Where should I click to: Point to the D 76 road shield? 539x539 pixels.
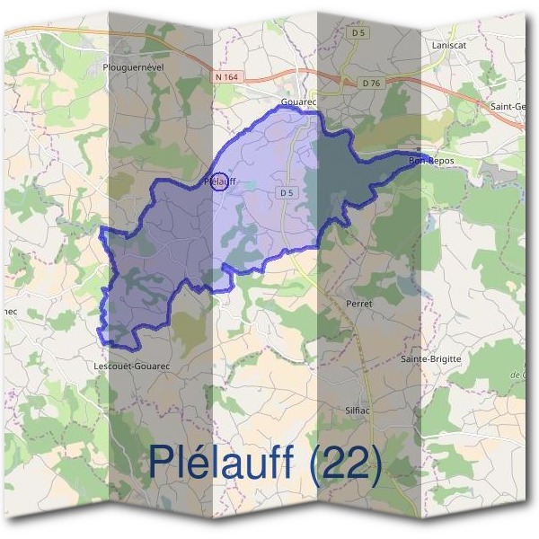(373, 84)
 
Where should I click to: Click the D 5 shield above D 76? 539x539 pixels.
(359, 32)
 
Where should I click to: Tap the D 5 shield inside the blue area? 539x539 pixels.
(287, 192)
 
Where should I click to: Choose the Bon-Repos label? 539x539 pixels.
(431, 161)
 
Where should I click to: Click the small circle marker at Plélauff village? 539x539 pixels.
(218, 181)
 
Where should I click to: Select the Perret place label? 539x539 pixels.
(358, 304)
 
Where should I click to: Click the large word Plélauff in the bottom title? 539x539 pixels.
(221, 463)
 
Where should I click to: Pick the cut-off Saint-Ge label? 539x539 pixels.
(508, 106)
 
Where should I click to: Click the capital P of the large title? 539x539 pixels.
(161, 463)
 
